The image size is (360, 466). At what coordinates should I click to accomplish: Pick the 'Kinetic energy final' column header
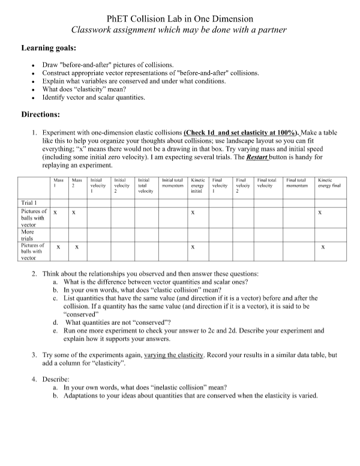tap(329, 183)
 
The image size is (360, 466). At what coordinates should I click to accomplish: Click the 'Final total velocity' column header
tap(266, 183)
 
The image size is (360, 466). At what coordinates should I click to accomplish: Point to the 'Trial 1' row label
tap(29, 202)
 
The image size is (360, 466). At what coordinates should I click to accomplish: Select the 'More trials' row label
tap(28, 234)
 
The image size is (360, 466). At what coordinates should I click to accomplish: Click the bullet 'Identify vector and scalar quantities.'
tap(94, 97)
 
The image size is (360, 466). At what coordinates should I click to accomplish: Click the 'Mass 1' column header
tap(59, 183)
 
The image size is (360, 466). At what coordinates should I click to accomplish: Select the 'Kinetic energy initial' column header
tap(197, 185)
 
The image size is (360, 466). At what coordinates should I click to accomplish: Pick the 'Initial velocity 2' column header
tap(122, 185)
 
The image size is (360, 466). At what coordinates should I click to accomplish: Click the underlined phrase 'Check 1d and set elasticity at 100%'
tap(241, 132)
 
